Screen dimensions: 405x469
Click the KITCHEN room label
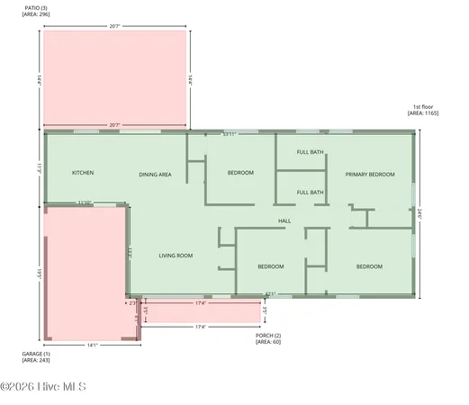pyautogui.click(x=83, y=173)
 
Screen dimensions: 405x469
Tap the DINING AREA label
pyautogui.click(x=155, y=174)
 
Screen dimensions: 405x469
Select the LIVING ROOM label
pyautogui.click(x=176, y=256)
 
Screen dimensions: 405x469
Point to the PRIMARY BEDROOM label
pyautogui.click(x=370, y=174)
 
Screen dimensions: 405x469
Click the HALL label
pyautogui.click(x=284, y=220)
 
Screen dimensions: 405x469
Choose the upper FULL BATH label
pyautogui.click(x=311, y=152)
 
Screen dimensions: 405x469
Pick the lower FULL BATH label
pyautogui.click(x=311, y=192)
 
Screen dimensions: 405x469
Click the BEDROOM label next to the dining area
pyautogui.click(x=240, y=173)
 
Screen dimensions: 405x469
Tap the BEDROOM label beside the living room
pyautogui.click(x=271, y=266)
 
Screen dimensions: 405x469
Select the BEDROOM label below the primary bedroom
pyautogui.click(x=369, y=266)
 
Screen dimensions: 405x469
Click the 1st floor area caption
pyautogui.click(x=421, y=110)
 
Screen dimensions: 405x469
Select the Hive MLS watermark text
pyautogui.click(x=43, y=388)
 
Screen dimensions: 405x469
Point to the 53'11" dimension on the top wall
pyautogui.click(x=230, y=134)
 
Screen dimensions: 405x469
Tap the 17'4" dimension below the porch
pyautogui.click(x=201, y=327)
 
